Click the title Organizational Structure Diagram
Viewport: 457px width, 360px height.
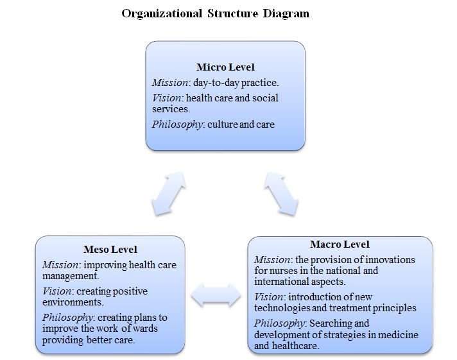215,13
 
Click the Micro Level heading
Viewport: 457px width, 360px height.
225,67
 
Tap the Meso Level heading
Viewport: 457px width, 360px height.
110,250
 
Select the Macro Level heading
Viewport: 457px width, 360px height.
340,244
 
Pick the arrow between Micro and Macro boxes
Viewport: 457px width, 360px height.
280,191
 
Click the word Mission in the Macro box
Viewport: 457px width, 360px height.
272,260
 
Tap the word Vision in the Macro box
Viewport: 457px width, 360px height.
268,296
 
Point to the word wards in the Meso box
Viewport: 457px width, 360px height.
143,329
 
